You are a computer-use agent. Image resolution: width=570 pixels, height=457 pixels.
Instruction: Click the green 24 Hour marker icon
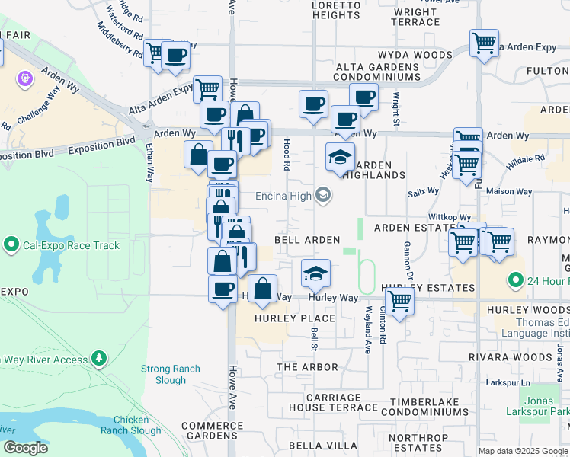[516, 280]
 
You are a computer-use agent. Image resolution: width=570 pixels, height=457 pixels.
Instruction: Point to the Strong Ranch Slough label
[171, 374]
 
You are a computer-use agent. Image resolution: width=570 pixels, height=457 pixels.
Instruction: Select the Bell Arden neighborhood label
[306, 240]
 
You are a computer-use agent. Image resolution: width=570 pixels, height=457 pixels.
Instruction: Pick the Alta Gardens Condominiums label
[378, 72]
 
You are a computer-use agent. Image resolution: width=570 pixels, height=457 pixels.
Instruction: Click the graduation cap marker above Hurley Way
[315, 272]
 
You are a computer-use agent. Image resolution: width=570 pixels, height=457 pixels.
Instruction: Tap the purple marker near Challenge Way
[26, 78]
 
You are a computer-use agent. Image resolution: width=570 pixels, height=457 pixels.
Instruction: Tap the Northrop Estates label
[418, 443]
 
